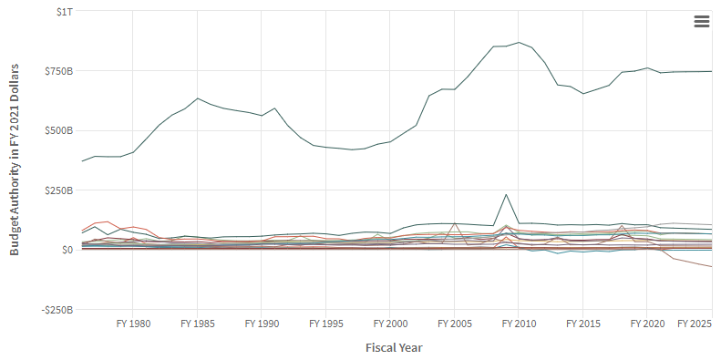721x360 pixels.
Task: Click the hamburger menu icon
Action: [701, 22]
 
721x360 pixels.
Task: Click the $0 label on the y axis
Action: [67, 250]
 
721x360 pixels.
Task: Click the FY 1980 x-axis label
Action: [133, 324]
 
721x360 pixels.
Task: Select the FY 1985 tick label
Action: [197, 324]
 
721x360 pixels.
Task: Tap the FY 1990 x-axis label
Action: [262, 324]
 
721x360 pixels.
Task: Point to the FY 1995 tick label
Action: [325, 324]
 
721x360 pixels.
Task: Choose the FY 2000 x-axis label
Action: [390, 324]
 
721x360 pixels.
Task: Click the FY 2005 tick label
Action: [454, 324]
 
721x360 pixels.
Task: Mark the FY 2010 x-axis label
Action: [518, 324]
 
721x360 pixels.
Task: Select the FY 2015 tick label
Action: [582, 324]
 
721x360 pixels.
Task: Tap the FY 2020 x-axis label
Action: [646, 324]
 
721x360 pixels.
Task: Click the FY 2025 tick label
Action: [695, 324]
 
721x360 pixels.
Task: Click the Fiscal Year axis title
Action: [394, 347]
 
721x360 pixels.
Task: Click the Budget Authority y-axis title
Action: [15, 160]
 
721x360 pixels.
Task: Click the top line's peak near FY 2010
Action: [519, 42]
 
